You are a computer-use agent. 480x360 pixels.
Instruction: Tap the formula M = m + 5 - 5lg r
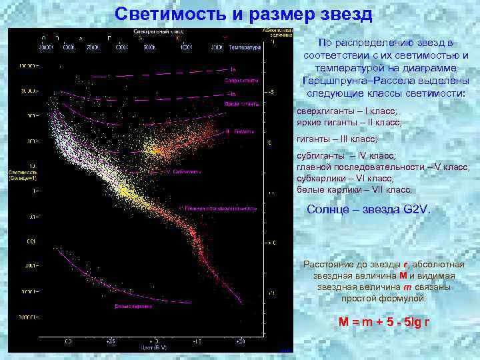tap(383, 321)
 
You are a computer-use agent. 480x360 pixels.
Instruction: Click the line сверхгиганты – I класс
tap(346, 111)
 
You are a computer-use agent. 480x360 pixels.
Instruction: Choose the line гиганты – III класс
tap(337, 139)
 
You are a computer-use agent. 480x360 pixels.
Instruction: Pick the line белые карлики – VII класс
tap(354, 189)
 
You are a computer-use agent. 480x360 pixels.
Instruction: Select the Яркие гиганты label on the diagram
tap(241, 104)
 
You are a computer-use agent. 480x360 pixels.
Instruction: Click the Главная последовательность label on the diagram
tap(221, 207)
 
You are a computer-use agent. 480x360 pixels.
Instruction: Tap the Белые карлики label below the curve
tap(133, 307)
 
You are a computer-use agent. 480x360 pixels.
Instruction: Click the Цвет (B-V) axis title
tap(154, 347)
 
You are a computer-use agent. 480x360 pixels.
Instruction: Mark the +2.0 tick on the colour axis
tap(240, 341)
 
